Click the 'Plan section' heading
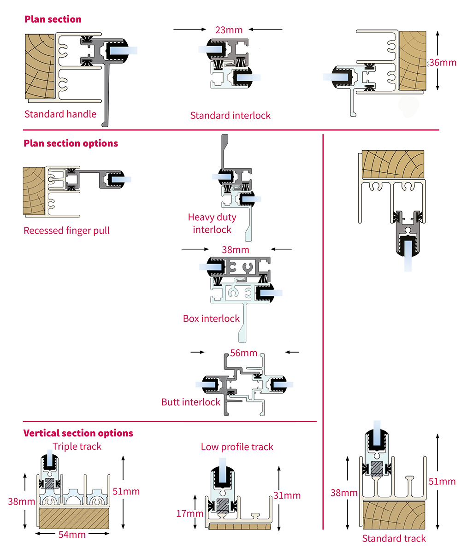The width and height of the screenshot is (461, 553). pyautogui.click(x=53, y=19)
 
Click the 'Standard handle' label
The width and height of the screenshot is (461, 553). pyautogui.click(x=60, y=114)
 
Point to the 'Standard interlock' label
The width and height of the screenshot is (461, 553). pyautogui.click(x=230, y=115)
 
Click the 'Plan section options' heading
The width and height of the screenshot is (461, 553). pyautogui.click(x=71, y=143)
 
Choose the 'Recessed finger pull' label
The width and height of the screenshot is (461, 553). pyautogui.click(x=67, y=230)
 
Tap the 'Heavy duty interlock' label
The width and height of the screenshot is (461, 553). pyautogui.click(x=212, y=223)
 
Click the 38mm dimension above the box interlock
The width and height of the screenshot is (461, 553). pyautogui.click(x=236, y=250)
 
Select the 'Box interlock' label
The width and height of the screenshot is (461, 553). pyautogui.click(x=212, y=318)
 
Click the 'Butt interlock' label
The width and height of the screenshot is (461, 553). pyautogui.click(x=191, y=402)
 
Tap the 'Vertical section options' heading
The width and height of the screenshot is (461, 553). pyautogui.click(x=78, y=433)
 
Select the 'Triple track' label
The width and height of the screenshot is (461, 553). pyautogui.click(x=77, y=446)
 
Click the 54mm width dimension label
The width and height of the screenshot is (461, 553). pyautogui.click(x=73, y=535)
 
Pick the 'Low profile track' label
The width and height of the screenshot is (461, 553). pyautogui.click(x=237, y=447)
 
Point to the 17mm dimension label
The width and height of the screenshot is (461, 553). pyautogui.click(x=189, y=513)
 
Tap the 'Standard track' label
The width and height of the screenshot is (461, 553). pyautogui.click(x=394, y=538)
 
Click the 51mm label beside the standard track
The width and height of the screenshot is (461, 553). pyautogui.click(x=442, y=482)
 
